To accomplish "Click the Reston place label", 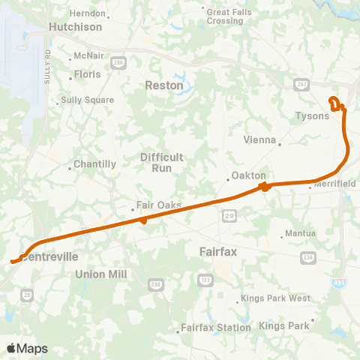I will pyautogui.click(x=165, y=85).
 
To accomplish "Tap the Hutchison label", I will pyautogui.click(x=75, y=26).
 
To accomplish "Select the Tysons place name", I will pyautogui.click(x=311, y=116).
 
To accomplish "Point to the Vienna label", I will pyautogui.click(x=261, y=139).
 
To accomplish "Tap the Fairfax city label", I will pyautogui.click(x=218, y=252).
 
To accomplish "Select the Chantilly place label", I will pyautogui.click(x=96, y=164).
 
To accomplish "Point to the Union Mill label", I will pyautogui.click(x=102, y=274).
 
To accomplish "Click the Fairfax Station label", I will pyautogui.click(x=216, y=328).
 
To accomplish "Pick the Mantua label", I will pyautogui.click(x=300, y=233).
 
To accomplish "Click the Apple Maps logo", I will pyautogui.click(x=27, y=348).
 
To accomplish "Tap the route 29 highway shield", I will pyautogui.click(x=228, y=216).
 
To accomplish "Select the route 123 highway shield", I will pyautogui.click(x=205, y=279).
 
